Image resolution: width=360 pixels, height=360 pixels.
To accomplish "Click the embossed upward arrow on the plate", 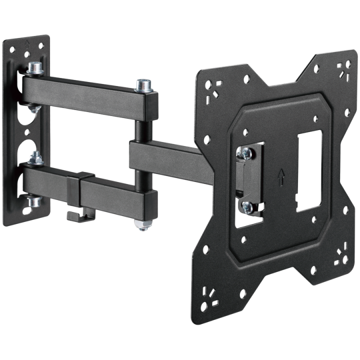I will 281,176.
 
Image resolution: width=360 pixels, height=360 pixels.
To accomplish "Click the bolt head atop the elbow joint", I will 143,84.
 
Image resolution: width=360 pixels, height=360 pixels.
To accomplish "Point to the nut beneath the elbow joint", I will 142,225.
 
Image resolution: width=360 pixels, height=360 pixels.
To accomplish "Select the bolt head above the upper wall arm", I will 35,67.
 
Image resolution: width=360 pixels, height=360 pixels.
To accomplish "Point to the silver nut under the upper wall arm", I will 32,107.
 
